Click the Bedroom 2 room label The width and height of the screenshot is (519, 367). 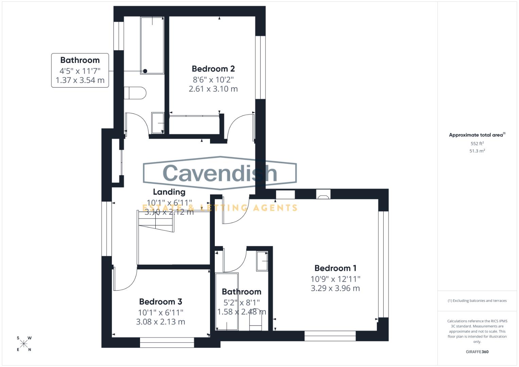coord(213,69)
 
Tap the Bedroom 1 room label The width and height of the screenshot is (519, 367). coord(335,268)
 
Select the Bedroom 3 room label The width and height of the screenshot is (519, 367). coord(160,301)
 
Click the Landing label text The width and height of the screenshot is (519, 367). coord(169,192)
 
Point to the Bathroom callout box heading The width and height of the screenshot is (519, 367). coord(80,60)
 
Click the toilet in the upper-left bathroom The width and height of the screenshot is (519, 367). coord(135,93)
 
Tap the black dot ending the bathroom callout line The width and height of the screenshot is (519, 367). coord(145,71)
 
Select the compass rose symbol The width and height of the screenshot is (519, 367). coord(24,344)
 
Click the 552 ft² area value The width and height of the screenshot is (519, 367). coord(477,144)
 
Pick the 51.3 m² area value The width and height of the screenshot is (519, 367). coord(477,151)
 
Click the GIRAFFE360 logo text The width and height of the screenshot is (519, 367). coord(477,352)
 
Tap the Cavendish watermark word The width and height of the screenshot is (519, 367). coord(220,173)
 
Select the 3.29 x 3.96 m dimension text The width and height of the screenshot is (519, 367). coord(335,288)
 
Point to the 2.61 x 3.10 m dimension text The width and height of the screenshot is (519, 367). coord(213,89)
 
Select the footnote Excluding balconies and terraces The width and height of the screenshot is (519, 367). coord(477,301)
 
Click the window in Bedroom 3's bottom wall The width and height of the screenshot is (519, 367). coord(167,343)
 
